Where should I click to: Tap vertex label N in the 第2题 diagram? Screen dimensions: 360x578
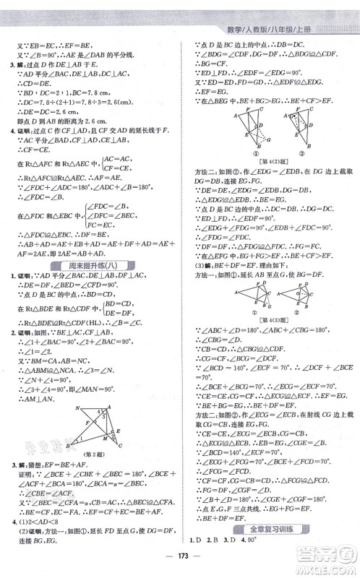pyautogui.click(x=77, y=408)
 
